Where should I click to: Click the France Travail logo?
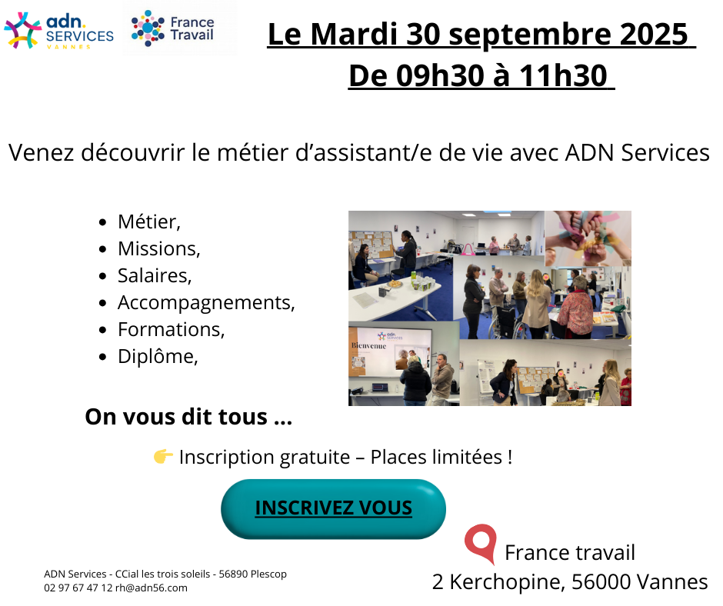(172, 28)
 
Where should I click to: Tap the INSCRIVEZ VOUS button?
(333, 508)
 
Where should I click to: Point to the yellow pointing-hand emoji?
(162, 457)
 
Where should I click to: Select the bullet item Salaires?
(154, 275)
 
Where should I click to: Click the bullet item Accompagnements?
(205, 302)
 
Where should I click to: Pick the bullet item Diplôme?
(157, 356)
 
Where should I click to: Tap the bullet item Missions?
(158, 248)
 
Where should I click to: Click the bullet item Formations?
(171, 329)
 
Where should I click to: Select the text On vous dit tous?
(188, 418)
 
